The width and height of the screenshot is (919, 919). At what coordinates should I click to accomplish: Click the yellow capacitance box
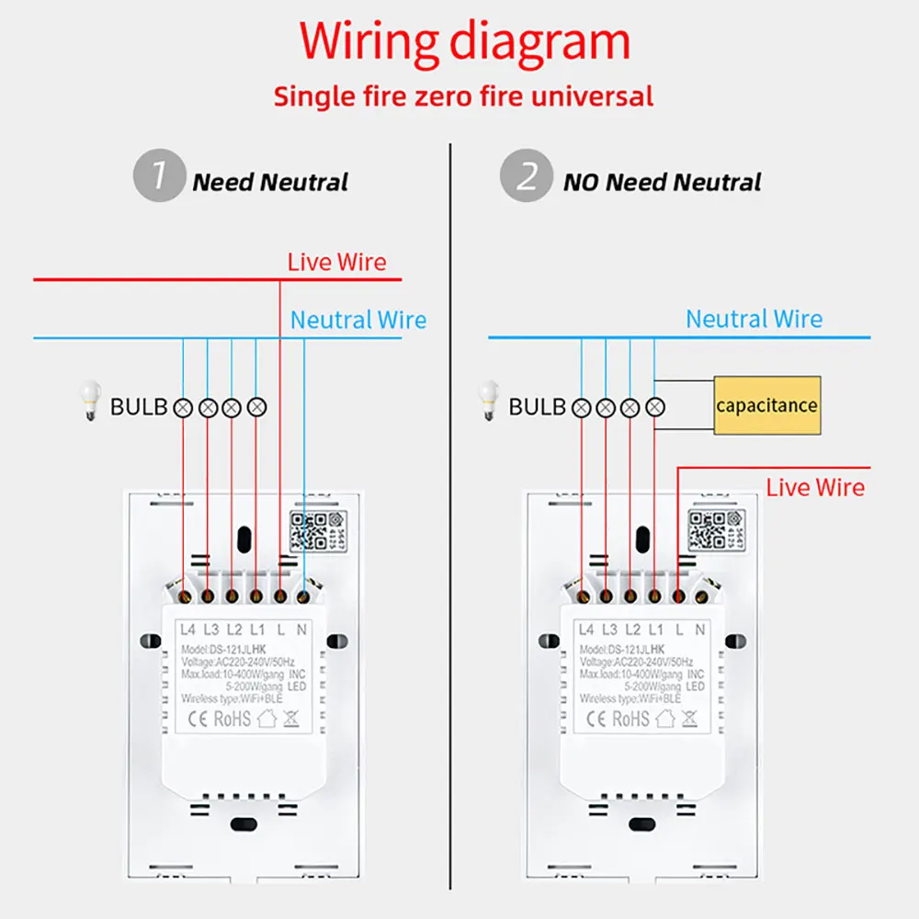coord(766,405)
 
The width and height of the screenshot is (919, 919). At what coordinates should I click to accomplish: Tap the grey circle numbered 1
coord(158,176)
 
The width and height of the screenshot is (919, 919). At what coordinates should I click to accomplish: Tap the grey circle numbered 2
coord(526,176)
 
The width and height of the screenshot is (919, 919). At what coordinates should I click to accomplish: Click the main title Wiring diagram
coord(465,42)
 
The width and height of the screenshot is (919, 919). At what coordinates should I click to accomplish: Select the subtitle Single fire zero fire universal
coord(464,96)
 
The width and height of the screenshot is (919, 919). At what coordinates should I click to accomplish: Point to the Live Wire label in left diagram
coord(336,262)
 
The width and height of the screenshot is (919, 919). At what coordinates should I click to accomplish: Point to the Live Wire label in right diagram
coord(815,487)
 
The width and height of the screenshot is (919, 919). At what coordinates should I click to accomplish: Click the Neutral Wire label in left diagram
coord(358,320)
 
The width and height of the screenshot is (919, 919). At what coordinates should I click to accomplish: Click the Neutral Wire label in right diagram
coord(754,319)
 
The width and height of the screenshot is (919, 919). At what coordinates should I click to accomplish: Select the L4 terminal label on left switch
coord(188,630)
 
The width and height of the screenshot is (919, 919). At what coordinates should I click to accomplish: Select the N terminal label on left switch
coord(303,630)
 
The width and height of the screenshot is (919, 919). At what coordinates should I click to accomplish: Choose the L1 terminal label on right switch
coord(655,630)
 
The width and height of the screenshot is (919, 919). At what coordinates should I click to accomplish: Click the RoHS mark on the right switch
coord(630,718)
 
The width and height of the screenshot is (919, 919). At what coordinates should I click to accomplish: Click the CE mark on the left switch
coord(198,718)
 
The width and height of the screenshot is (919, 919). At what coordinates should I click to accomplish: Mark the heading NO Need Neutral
coord(662,182)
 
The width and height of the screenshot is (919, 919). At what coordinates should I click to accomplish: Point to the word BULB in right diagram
coord(537,406)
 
